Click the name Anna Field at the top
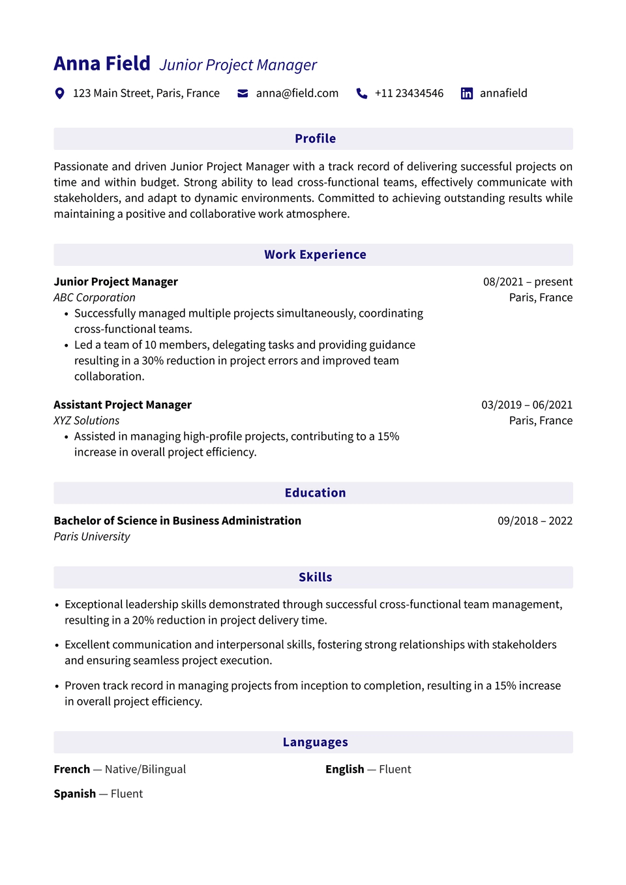(102, 64)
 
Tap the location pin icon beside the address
(59, 93)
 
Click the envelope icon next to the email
(243, 93)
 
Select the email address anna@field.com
(297, 93)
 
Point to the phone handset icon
(362, 93)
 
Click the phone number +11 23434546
(409, 93)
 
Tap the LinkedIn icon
(467, 93)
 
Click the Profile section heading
(315, 139)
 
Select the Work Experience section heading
(315, 255)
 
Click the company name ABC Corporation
(95, 298)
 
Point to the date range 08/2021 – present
(528, 282)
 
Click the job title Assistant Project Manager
(123, 405)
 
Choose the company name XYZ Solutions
(87, 421)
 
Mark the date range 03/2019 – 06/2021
(527, 405)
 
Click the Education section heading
(315, 493)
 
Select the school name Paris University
(92, 537)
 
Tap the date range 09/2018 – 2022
(535, 521)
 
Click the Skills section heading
(315, 577)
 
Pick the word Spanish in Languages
(75, 794)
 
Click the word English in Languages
(345, 770)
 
